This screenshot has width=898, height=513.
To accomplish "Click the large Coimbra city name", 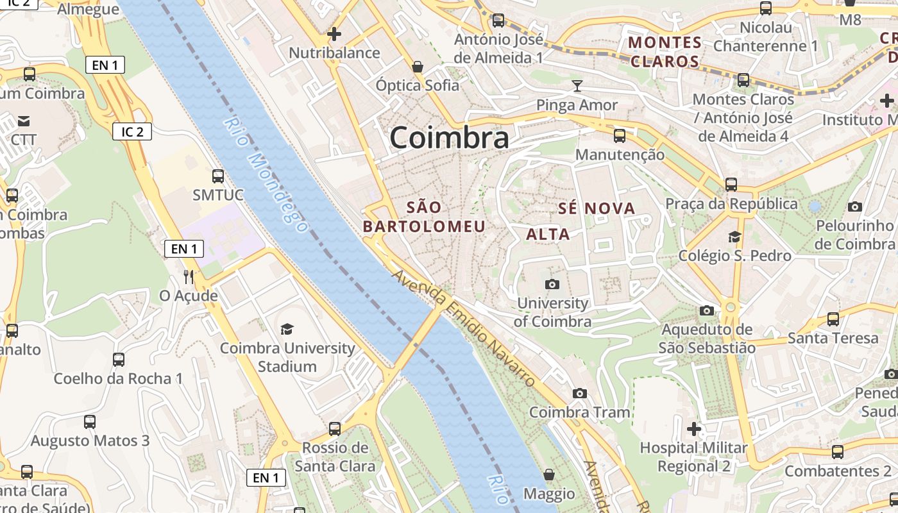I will (x=449, y=138).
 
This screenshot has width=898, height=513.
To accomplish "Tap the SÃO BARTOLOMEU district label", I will (x=424, y=217).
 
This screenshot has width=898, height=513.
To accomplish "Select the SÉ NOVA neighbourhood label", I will (x=597, y=208).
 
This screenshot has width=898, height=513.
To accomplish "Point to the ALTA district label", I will (x=548, y=234).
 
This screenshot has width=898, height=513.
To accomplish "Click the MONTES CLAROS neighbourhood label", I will (x=665, y=52).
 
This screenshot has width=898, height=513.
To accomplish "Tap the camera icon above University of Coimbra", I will (x=552, y=284).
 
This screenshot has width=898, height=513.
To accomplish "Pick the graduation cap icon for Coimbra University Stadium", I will (x=287, y=329).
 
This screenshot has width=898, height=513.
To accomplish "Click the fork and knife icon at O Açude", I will (x=189, y=277).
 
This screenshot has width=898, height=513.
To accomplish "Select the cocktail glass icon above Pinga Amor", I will (x=577, y=86).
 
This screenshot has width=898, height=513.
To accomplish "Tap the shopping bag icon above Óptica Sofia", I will (x=418, y=67).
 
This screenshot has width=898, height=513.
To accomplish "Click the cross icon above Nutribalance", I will (x=334, y=33).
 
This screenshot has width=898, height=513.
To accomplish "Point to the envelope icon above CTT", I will (x=24, y=121).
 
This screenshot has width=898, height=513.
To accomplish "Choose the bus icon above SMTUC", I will (x=218, y=176).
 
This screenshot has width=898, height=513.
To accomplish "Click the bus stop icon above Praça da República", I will (x=731, y=185).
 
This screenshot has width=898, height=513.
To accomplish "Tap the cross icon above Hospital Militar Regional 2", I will (x=693, y=428).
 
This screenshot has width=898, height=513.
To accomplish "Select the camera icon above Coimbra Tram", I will (x=580, y=393).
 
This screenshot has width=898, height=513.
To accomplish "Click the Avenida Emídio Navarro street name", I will (x=463, y=328).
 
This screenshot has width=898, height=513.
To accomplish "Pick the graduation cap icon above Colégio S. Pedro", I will (x=734, y=237).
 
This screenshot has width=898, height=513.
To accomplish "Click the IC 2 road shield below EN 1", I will (x=133, y=132).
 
